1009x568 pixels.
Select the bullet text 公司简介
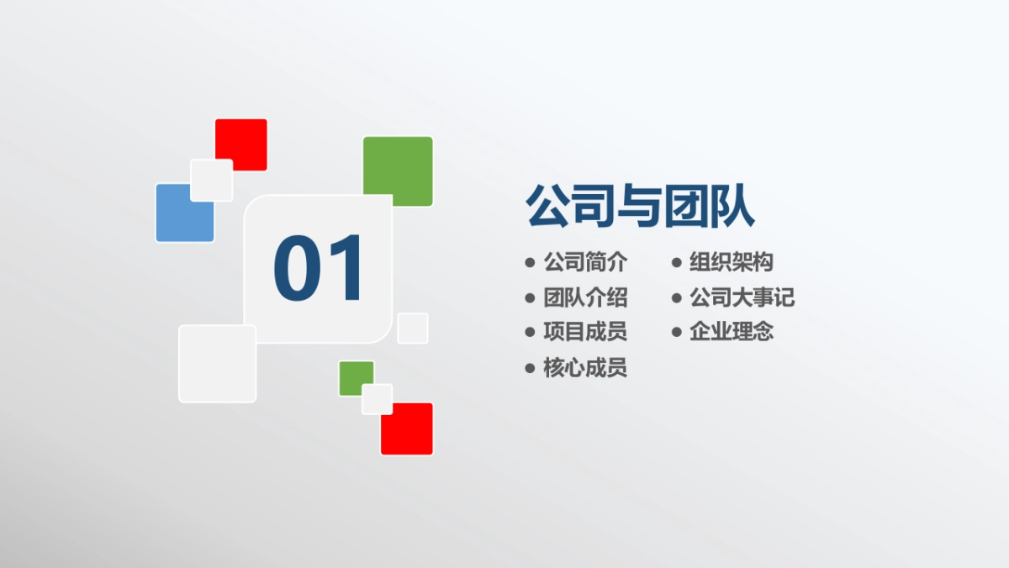(x=585, y=262)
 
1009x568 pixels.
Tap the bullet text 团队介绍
(x=585, y=297)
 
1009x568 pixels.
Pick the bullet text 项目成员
(x=585, y=332)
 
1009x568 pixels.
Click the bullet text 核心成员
(x=585, y=368)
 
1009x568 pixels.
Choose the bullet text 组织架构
(x=731, y=262)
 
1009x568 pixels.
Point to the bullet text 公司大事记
(x=742, y=297)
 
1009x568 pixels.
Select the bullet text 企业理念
(x=731, y=332)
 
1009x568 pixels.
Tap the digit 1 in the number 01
(x=346, y=269)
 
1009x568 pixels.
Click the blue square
(x=178, y=220)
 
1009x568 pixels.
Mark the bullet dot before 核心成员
(x=530, y=368)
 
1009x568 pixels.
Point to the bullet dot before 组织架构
(x=676, y=263)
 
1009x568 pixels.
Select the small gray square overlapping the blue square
(x=211, y=180)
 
